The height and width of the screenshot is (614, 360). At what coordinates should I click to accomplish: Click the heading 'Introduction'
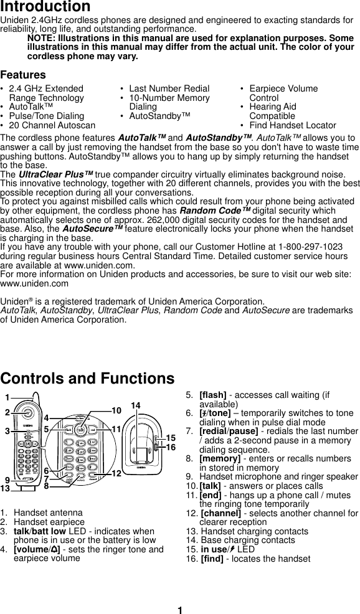point(45,7)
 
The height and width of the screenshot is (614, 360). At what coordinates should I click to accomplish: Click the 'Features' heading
point(23,75)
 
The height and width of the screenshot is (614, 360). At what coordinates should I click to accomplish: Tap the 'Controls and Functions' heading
point(88,379)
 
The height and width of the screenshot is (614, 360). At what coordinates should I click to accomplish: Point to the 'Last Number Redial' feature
point(169,88)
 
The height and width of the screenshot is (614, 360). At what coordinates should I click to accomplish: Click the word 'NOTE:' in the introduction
point(41,38)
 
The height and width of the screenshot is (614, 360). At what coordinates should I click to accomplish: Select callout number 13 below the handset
point(6,489)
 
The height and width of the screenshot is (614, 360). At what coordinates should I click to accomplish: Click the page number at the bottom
point(179,610)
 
